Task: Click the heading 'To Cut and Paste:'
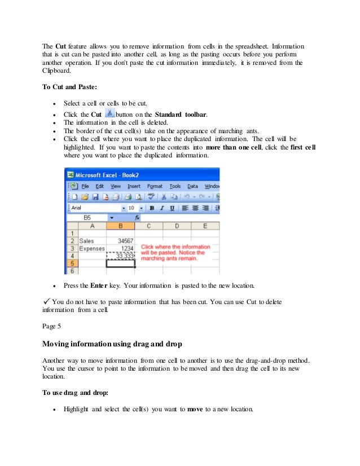69,87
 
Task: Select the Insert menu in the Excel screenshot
134,186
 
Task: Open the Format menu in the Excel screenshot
155,186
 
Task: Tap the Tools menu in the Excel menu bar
175,186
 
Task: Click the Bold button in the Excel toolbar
152,208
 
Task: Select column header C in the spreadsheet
149,226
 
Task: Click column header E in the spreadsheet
205,226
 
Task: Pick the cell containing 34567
120,241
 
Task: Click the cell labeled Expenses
91,248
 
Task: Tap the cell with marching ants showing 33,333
120,256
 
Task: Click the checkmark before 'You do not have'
47,301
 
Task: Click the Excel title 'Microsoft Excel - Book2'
109,174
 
